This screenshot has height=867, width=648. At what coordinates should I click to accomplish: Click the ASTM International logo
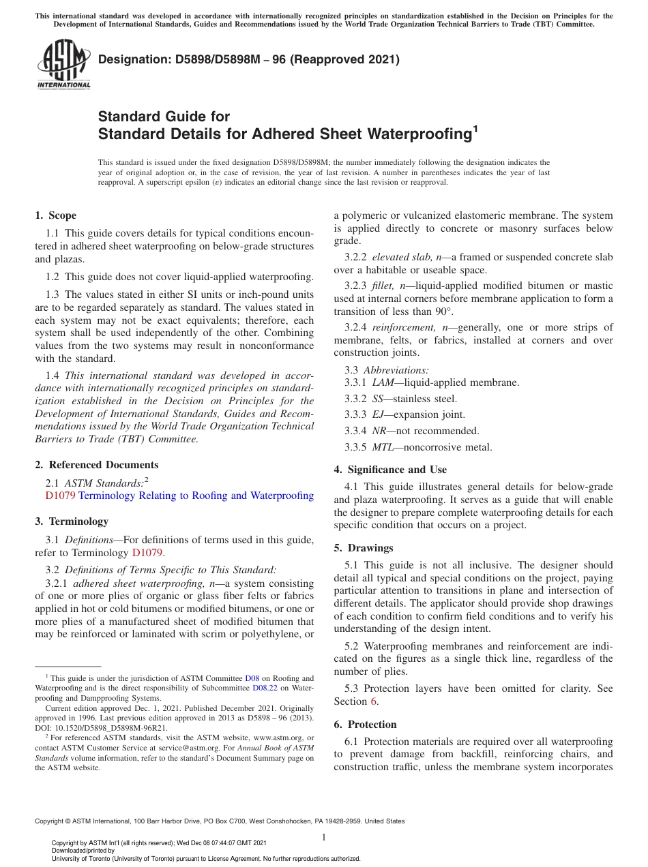tap(63, 65)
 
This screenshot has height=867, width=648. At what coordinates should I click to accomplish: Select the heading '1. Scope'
tap(55, 215)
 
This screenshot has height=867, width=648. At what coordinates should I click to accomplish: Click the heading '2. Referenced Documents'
tap(96, 465)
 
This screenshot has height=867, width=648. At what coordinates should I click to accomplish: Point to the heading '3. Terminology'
tap(72, 521)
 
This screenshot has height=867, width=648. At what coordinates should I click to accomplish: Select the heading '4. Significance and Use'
tap(390, 470)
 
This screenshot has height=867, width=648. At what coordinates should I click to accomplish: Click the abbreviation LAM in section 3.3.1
tap(383, 382)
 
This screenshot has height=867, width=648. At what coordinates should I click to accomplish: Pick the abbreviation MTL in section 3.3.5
tap(383, 447)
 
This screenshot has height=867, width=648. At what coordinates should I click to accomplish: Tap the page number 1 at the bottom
tap(324, 838)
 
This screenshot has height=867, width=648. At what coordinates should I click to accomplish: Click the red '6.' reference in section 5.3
tap(374, 701)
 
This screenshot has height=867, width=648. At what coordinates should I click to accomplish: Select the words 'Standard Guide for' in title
tap(164, 117)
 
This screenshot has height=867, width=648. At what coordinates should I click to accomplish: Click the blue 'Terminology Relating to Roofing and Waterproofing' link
tap(196, 496)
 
